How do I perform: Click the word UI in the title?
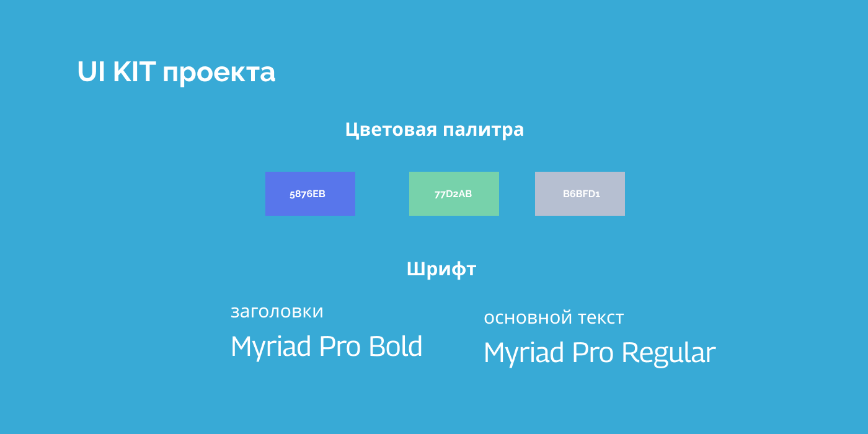click(x=91, y=72)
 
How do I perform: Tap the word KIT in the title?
click(x=134, y=72)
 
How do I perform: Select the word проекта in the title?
click(x=219, y=74)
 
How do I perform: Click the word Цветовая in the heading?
click(x=391, y=130)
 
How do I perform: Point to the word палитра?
click(x=483, y=131)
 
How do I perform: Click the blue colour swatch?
click(x=310, y=193)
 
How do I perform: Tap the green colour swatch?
click(x=454, y=193)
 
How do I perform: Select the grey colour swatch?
click(x=580, y=193)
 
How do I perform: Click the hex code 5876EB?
click(x=308, y=194)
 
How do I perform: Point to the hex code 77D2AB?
click(x=453, y=194)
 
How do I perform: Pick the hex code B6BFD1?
click(x=582, y=193)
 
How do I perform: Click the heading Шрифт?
click(x=441, y=269)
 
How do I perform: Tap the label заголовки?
click(x=277, y=312)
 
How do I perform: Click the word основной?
click(x=528, y=318)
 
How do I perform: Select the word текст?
click(x=601, y=318)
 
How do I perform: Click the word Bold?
click(x=396, y=346)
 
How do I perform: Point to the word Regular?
click(x=669, y=353)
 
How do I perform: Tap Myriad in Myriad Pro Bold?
click(x=271, y=347)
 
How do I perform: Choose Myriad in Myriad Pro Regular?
click(x=524, y=353)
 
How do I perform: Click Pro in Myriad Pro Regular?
click(x=593, y=353)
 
